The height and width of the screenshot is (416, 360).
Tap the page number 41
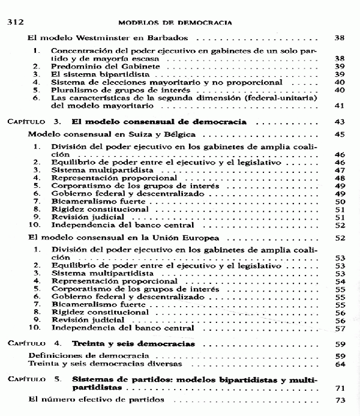pyautogui.click(x=338, y=106)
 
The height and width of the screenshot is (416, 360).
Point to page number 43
pyautogui.click(x=338, y=121)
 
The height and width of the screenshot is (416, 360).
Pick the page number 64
pyautogui.click(x=338, y=364)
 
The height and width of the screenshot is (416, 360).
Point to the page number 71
pyautogui.click(x=338, y=388)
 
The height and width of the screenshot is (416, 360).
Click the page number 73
pyautogui.click(x=338, y=400)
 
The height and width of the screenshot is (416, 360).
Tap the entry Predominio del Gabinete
pyautogui.click(x=98, y=66)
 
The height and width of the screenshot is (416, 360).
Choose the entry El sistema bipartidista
pyautogui.click(x=92, y=74)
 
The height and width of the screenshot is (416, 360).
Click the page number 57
pyautogui.click(x=338, y=328)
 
